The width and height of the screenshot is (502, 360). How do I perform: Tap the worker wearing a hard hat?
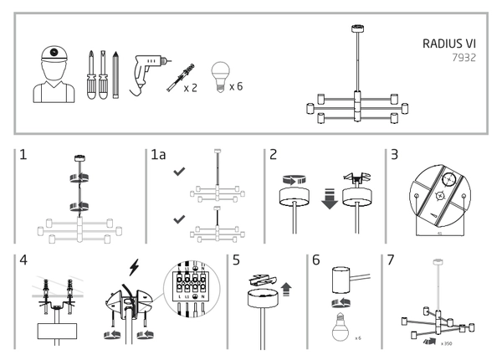pyautogui.click(x=54, y=73)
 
